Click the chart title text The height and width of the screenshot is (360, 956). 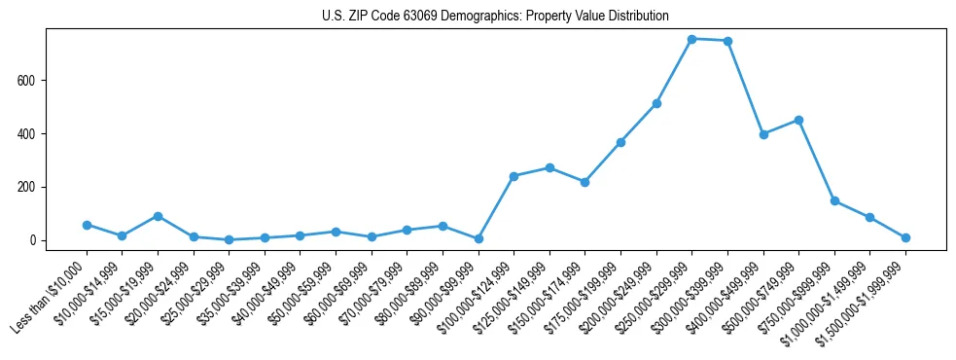(x=495, y=17)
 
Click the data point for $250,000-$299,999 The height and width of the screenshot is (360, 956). (x=691, y=39)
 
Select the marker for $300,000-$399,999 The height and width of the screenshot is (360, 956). (x=727, y=41)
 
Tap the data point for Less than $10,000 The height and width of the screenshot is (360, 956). (x=87, y=225)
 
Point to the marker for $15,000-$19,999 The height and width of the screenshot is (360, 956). (x=158, y=216)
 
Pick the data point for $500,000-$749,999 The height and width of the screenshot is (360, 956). (x=798, y=120)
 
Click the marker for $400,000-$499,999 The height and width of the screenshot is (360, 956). (x=763, y=134)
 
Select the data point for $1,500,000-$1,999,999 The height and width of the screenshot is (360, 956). (x=905, y=237)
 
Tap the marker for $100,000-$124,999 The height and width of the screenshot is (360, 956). (x=513, y=176)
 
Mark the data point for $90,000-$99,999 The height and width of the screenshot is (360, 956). (x=478, y=238)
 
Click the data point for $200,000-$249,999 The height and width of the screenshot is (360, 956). (x=656, y=103)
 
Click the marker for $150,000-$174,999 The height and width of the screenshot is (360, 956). (x=584, y=182)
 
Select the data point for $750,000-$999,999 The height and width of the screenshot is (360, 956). (x=834, y=200)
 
